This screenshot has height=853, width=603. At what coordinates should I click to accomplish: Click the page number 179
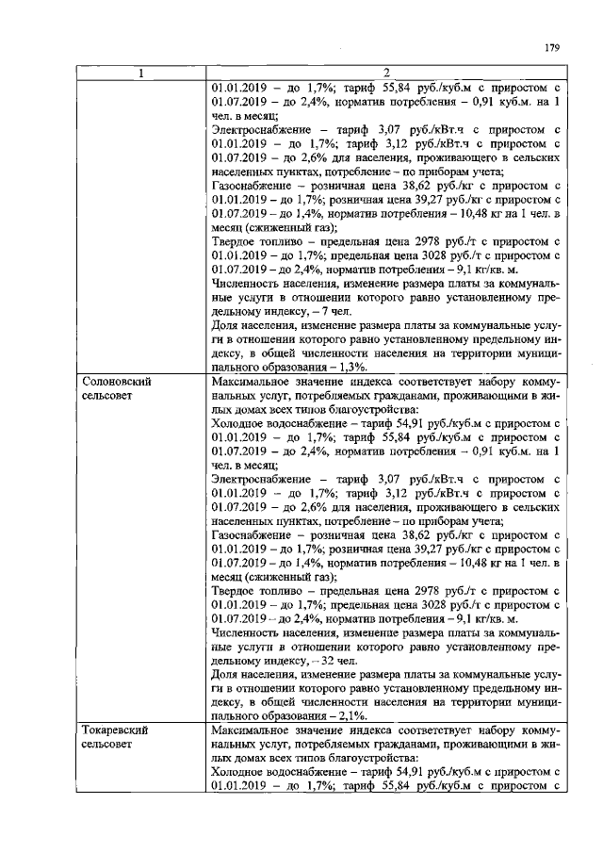[x=552, y=49]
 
